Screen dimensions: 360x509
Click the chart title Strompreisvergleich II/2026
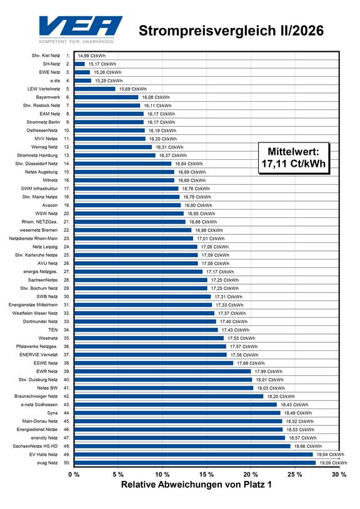click(x=231, y=31)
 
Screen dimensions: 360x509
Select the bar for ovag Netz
click(x=195, y=463)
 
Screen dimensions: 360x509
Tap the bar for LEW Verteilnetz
click(x=95, y=89)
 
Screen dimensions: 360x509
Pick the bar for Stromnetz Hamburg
click(x=115, y=155)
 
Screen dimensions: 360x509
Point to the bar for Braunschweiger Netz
click(x=169, y=396)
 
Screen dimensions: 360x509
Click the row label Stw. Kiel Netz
click(x=46, y=56)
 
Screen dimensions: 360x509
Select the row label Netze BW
click(x=47, y=388)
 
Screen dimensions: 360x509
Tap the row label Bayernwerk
click(x=48, y=97)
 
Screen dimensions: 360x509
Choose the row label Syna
click(x=52, y=413)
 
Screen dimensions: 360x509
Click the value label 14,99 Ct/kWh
click(x=92, y=56)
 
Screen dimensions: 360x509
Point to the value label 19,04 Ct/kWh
click(x=331, y=455)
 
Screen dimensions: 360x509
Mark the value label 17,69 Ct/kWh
click(x=251, y=363)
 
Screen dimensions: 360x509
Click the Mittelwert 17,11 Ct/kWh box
click(x=294, y=158)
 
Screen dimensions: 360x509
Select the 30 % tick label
click(x=339, y=474)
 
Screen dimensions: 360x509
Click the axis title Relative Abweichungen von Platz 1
click(x=196, y=485)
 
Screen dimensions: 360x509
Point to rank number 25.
click(x=67, y=255)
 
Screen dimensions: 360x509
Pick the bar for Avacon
click(x=127, y=205)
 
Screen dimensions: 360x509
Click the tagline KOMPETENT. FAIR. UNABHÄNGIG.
click(x=77, y=42)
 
